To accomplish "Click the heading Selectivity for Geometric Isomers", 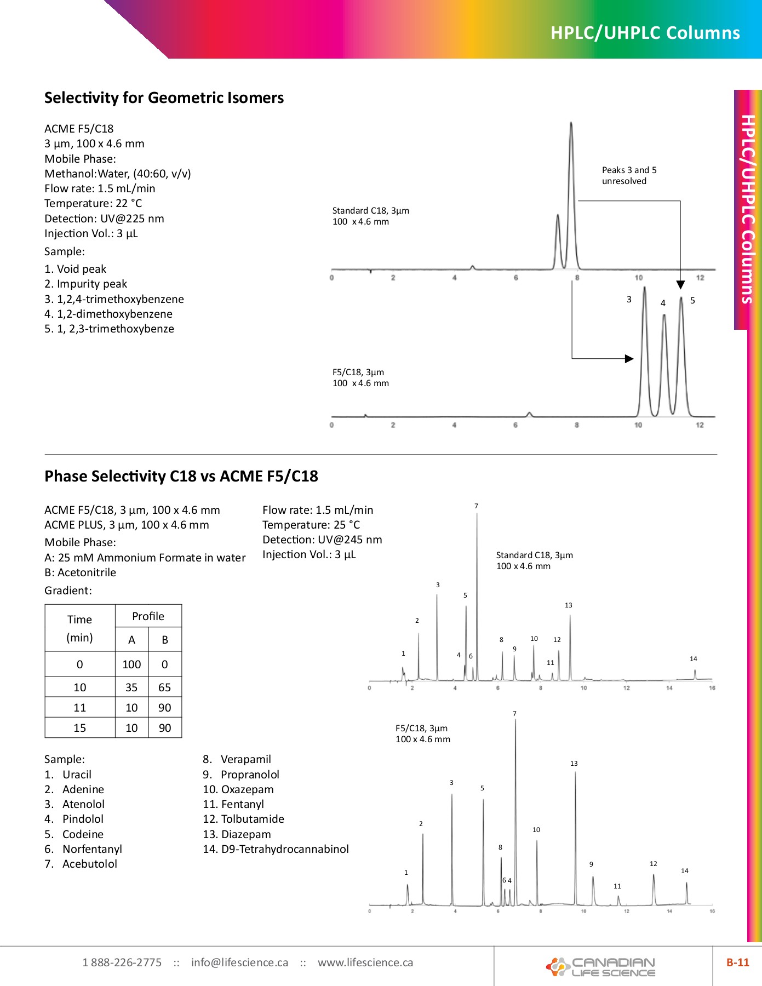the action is click(164, 98).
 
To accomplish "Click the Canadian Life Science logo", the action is click(601, 967).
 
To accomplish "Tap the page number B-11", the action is click(737, 962).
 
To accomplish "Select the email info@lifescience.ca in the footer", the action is click(239, 962).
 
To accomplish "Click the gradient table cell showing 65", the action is click(164, 687).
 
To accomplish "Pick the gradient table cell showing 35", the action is click(131, 687).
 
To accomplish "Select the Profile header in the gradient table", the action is click(148, 616).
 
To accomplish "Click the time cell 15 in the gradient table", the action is click(80, 728).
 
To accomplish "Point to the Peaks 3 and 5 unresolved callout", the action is click(629, 175).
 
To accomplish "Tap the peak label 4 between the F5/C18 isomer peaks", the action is click(663, 303).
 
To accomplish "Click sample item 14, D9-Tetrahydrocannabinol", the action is click(276, 849).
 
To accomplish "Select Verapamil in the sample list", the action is click(245, 759).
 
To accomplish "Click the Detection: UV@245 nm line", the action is click(322, 540).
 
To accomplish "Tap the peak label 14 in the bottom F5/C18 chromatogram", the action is click(685, 870).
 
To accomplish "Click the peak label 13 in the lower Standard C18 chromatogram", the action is click(569, 605).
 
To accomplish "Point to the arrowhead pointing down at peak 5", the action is click(680, 285).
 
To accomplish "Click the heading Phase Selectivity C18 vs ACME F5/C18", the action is click(181, 476).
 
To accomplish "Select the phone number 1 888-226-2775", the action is click(122, 962).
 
